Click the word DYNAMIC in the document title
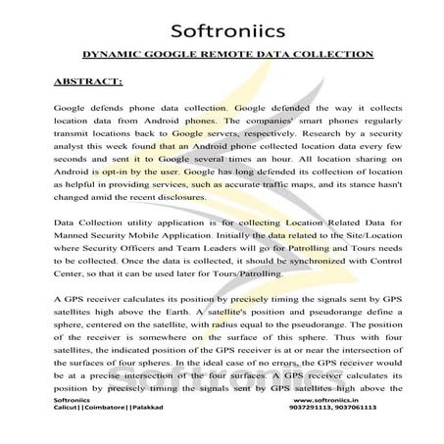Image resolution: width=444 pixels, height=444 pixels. click(x=111, y=58)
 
